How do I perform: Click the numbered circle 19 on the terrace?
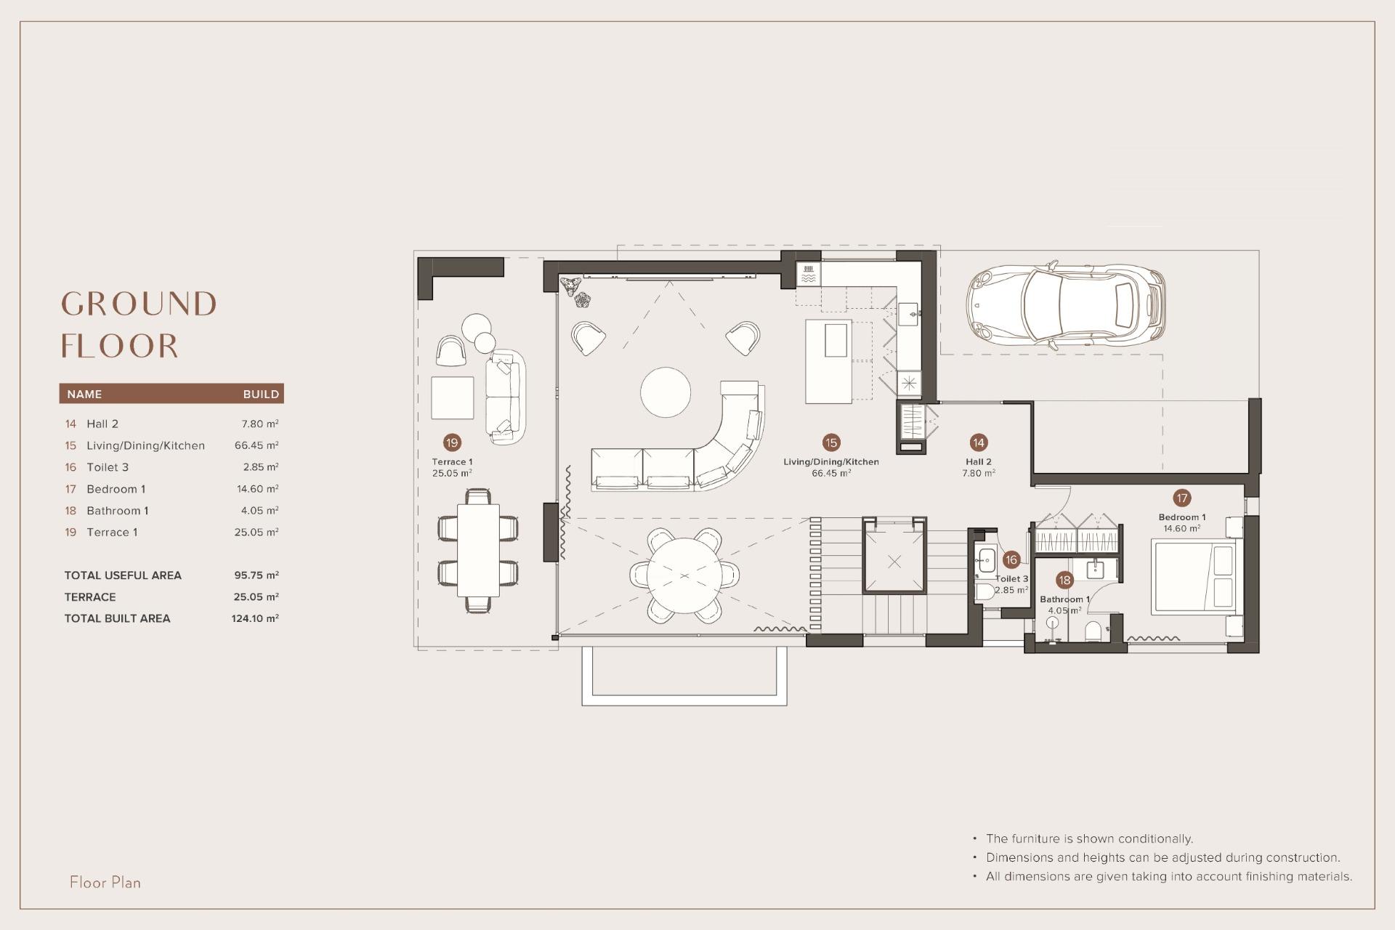coord(452,442)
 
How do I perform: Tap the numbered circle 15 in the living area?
coord(831,442)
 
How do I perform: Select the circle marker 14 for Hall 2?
coord(978,442)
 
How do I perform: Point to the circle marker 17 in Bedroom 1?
coord(1181,498)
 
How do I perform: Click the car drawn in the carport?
coord(1066,305)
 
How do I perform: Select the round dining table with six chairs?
coord(684,575)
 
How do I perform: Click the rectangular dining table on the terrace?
coord(478,550)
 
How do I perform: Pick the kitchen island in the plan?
coord(828,361)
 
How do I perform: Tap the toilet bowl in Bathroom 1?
coord(1093,631)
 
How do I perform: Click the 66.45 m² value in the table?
coord(256,445)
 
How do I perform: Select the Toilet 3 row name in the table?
coord(108,467)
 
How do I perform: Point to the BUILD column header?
coord(261,394)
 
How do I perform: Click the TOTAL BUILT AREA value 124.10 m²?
coord(255,618)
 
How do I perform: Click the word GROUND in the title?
coord(139,304)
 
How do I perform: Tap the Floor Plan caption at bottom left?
coord(105,882)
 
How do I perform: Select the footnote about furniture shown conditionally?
coord(1089,838)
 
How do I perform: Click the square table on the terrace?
coord(452,397)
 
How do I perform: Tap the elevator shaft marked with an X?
coord(894,562)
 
